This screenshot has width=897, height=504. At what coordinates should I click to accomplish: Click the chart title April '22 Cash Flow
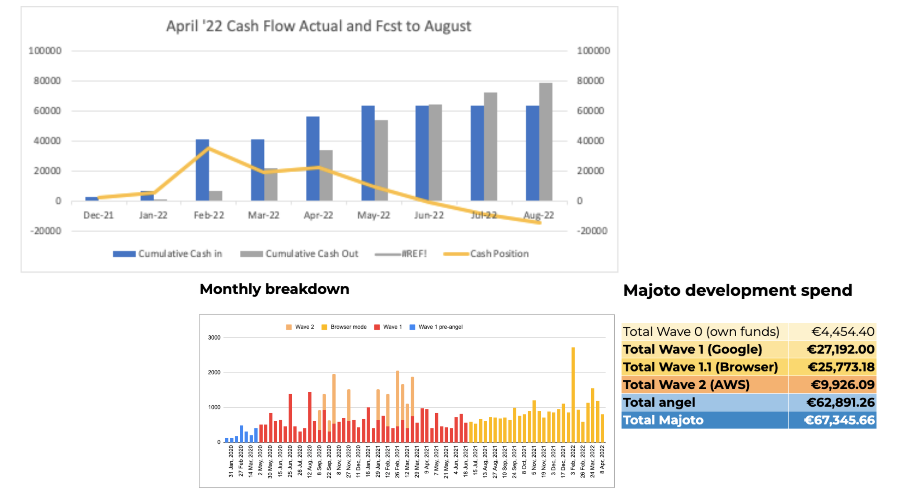coord(318,26)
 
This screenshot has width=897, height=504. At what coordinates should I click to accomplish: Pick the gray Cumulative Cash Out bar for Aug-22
coord(545,142)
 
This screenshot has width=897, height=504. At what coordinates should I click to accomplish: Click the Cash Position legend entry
coord(499,254)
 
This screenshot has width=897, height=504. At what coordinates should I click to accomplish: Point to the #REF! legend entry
coord(414,254)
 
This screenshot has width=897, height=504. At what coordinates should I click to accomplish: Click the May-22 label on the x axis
coord(373,215)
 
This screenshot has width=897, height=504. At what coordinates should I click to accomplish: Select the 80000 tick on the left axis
coord(47,81)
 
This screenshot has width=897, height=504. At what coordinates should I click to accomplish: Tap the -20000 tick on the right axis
coord(592,231)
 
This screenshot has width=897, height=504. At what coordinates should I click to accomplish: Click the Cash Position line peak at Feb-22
coord(208,148)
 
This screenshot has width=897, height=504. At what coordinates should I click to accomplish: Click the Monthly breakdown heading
coord(274,289)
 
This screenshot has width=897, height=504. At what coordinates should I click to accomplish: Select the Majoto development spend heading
coord(737,290)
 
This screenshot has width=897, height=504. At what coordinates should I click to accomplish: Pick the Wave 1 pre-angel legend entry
coord(440,327)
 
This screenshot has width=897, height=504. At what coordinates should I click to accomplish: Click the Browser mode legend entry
coord(348,327)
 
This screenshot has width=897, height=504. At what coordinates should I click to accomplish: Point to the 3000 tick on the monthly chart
coord(214,337)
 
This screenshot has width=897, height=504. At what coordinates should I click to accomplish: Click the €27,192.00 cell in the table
coord(840,349)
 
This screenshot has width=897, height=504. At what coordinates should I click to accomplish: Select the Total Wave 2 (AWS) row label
coord(686,384)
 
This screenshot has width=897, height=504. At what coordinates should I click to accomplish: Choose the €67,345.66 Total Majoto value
coord(839,420)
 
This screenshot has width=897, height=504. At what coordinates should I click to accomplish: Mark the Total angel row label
coord(659,402)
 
